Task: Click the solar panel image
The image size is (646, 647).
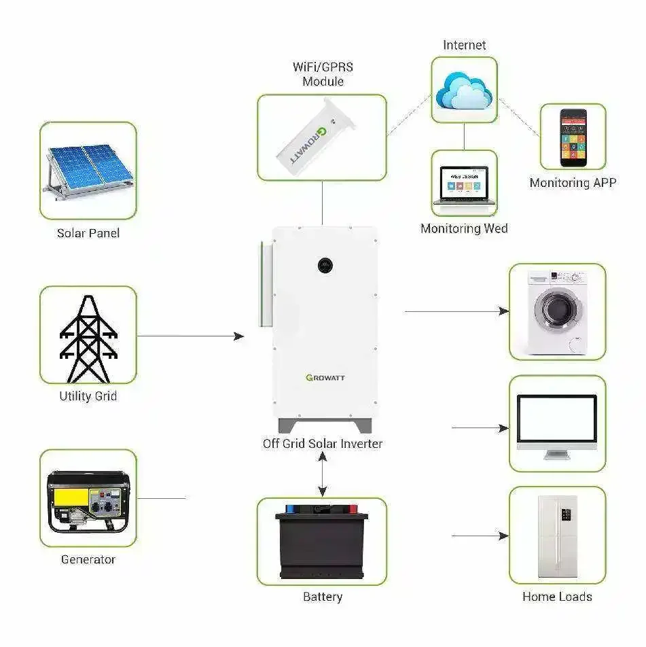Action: [x=88, y=170]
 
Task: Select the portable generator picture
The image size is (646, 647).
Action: [x=88, y=500]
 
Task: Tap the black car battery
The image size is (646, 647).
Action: [x=322, y=541]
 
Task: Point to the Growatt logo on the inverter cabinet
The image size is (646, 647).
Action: [x=325, y=378]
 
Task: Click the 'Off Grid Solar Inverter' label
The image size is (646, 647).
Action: [x=323, y=444]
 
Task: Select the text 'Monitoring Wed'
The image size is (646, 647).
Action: [x=464, y=229]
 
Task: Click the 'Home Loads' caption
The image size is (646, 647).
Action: [x=557, y=597]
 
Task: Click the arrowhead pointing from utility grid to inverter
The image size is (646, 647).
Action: [x=238, y=336]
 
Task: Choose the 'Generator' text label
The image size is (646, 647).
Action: [x=88, y=560]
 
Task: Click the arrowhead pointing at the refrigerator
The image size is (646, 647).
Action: [x=503, y=536]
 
